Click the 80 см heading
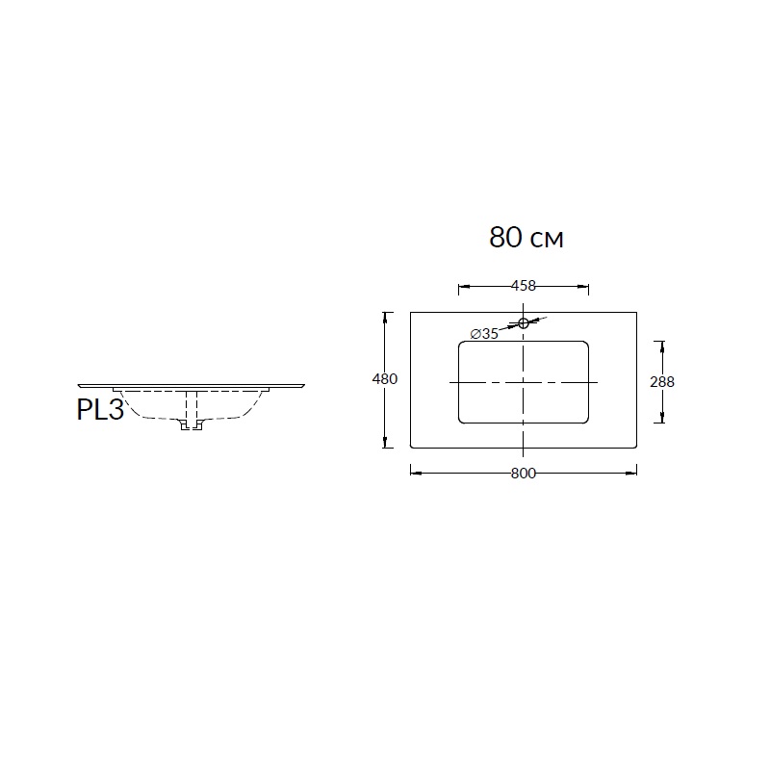click(x=526, y=237)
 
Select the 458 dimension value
click(x=524, y=285)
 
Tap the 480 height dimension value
click(x=385, y=379)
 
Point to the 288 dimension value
click(x=662, y=381)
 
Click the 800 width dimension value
click(x=524, y=474)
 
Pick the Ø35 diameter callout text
click(x=484, y=334)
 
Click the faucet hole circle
click(x=524, y=322)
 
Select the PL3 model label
click(x=100, y=409)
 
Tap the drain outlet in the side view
click(x=192, y=425)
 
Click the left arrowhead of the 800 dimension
click(x=416, y=473)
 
